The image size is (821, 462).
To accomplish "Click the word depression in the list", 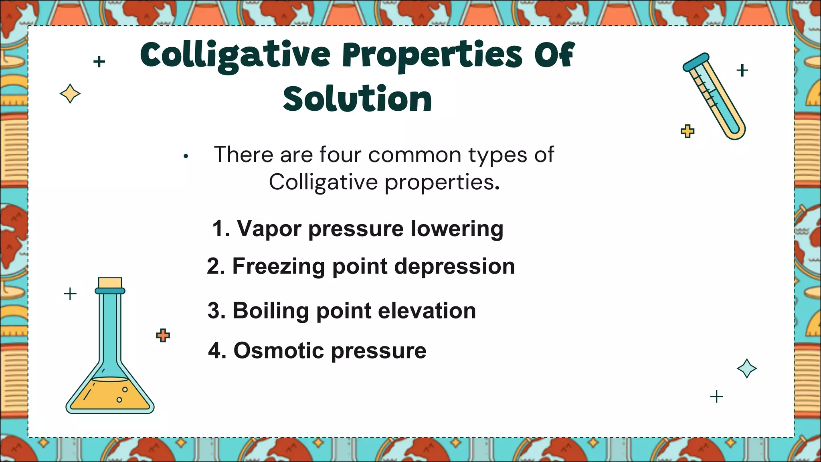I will (455, 266).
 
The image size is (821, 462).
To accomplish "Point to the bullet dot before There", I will (186, 156).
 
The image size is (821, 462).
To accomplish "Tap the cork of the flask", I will (110, 283).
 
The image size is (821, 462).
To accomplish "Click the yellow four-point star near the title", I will (70, 94).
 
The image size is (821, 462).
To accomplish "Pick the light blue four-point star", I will (747, 368).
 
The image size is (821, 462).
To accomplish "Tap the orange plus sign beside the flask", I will (163, 335).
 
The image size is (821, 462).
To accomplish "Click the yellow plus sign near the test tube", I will (688, 131).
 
